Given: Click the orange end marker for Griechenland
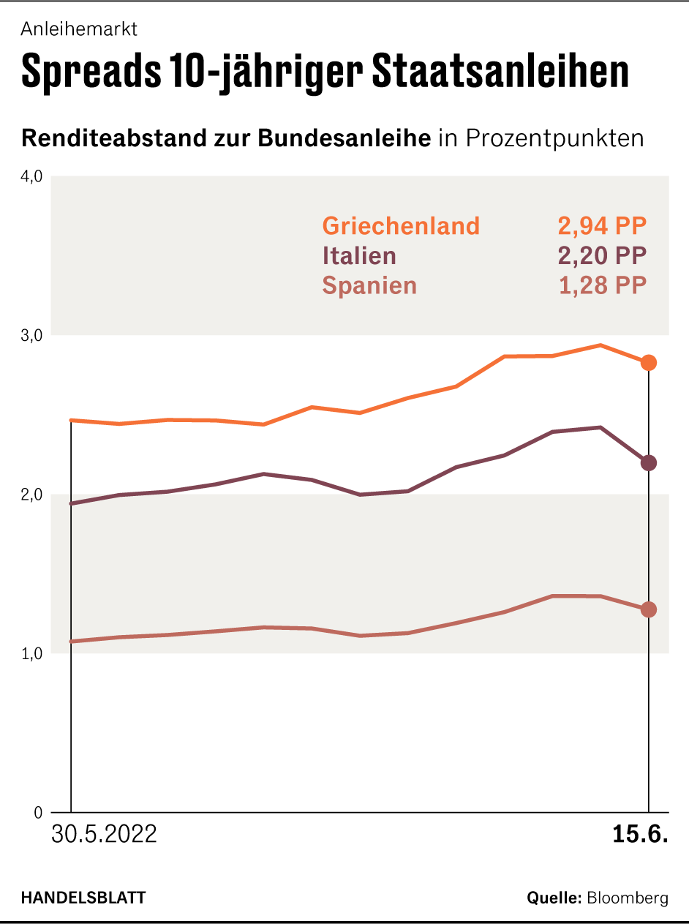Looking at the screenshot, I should (649, 363).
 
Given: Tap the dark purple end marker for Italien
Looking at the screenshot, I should (649, 462).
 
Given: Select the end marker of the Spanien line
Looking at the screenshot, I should (649, 609).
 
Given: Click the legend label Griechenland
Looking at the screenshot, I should (401, 226).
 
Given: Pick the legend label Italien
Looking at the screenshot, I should (359, 256).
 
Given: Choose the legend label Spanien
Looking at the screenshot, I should (369, 285).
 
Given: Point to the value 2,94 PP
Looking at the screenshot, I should (603, 226).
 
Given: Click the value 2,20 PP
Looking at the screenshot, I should (603, 256).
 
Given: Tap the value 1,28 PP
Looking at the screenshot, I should (603, 285).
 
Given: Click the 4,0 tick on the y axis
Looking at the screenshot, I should (32, 176).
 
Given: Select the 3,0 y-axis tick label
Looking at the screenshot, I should (32, 335).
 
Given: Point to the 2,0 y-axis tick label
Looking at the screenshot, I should (32, 495).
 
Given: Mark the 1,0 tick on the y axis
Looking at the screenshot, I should (32, 653).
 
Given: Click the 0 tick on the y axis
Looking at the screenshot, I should (38, 813).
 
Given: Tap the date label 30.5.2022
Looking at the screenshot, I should (104, 835).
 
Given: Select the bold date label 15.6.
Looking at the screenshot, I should (641, 835).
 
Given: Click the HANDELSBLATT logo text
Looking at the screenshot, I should (83, 898).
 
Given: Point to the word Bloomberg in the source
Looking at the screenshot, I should (628, 898).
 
